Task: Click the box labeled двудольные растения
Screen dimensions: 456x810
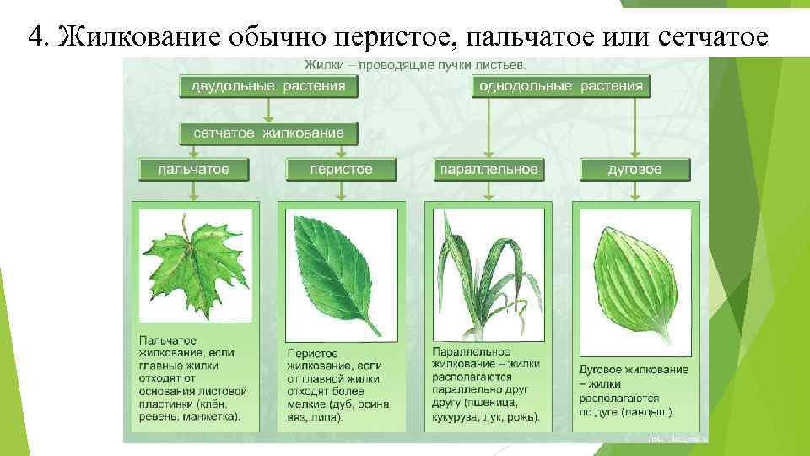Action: pyautogui.click(x=268, y=86)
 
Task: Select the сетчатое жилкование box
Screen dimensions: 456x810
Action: pyautogui.click(x=268, y=133)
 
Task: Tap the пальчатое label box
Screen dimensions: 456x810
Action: pyautogui.click(x=194, y=170)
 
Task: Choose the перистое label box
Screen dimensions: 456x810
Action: pyautogui.click(x=341, y=170)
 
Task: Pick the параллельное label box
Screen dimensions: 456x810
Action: pyautogui.click(x=488, y=170)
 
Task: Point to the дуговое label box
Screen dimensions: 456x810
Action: pyautogui.click(x=634, y=170)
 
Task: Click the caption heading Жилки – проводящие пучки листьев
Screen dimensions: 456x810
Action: pyautogui.click(x=416, y=64)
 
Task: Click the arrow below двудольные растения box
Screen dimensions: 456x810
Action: pyautogui.click(x=268, y=110)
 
